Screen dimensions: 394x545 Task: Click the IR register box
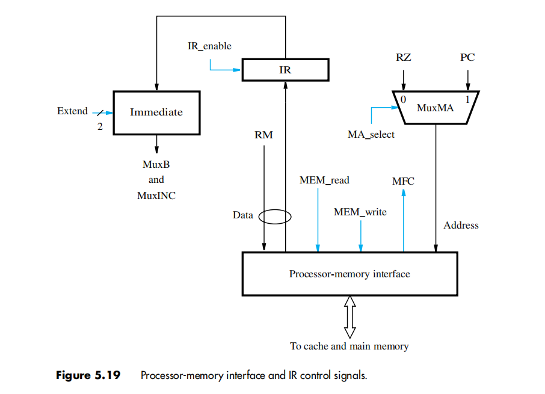click(285, 70)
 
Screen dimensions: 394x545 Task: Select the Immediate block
click(156, 112)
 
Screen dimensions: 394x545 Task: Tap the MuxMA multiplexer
click(435, 108)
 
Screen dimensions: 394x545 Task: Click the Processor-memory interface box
click(349, 274)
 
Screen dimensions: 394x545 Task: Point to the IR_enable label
click(209, 46)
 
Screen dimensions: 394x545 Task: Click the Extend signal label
click(72, 111)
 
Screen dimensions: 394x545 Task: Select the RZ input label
click(404, 58)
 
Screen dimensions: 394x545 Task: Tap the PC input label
click(467, 58)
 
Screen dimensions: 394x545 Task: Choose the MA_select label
click(371, 135)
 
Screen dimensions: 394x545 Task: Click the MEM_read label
click(324, 180)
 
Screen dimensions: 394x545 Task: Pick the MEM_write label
click(360, 212)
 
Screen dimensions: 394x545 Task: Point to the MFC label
click(403, 180)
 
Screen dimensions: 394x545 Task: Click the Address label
click(461, 225)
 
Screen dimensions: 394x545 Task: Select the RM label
click(263, 135)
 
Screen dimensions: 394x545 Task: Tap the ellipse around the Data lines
click(275, 215)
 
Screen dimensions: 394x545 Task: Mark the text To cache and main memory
click(349, 346)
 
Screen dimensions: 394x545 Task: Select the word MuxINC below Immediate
click(156, 195)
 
